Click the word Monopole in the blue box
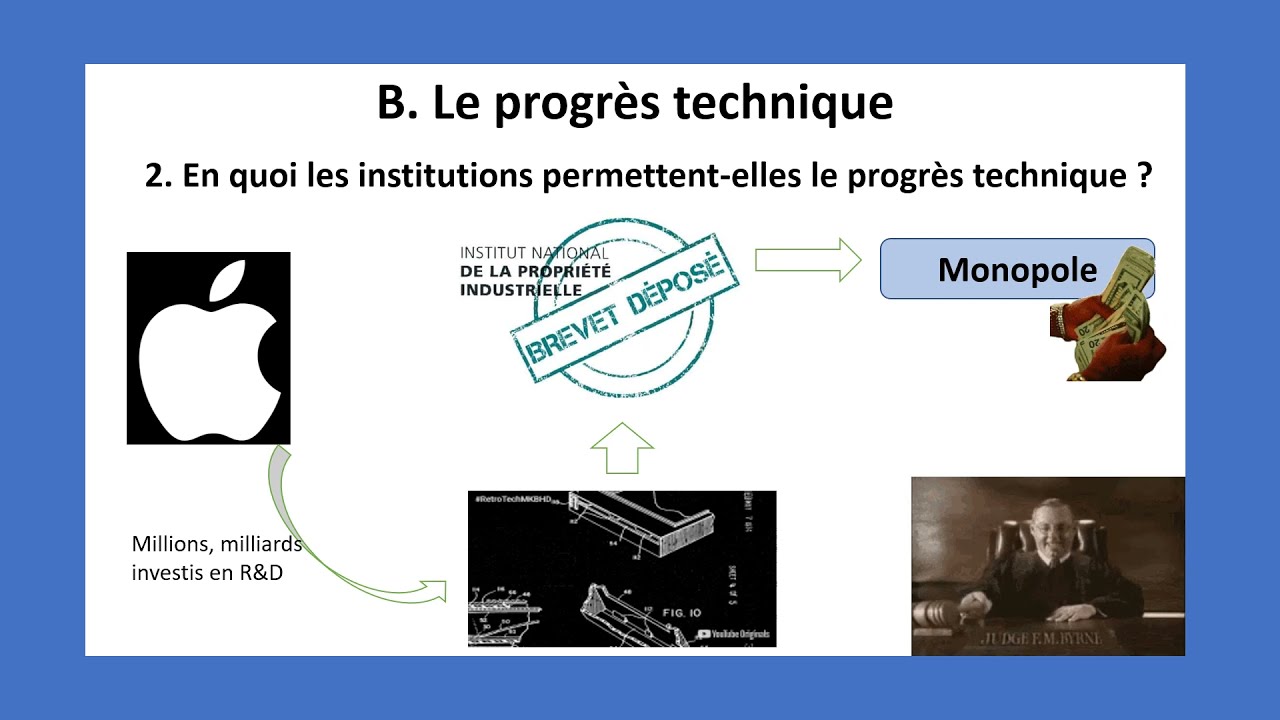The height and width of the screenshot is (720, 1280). point(1017,270)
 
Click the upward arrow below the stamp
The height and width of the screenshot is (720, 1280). point(622,448)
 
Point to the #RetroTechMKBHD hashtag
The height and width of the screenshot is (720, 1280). point(513,498)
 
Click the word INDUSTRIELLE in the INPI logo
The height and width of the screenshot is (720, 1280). point(521,290)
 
